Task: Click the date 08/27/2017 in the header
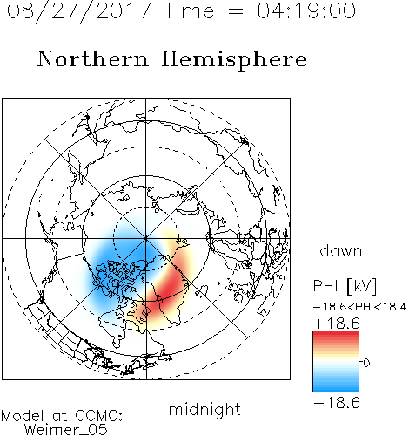(78, 11)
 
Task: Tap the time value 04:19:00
(306, 10)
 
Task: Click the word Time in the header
(189, 10)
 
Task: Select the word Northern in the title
(93, 58)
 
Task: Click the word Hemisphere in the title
(234, 60)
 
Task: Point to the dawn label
(341, 250)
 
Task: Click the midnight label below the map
(204, 409)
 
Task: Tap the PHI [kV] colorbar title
(345, 286)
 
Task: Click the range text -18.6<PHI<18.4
(359, 307)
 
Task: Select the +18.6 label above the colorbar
(337, 324)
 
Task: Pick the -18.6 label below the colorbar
(337, 403)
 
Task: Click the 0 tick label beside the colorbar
(366, 363)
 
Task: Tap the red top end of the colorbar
(336, 334)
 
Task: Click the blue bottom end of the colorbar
(336, 389)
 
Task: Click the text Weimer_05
(66, 430)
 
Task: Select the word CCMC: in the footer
(99, 416)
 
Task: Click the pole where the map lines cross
(146, 238)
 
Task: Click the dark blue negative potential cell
(122, 262)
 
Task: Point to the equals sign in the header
(235, 11)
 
